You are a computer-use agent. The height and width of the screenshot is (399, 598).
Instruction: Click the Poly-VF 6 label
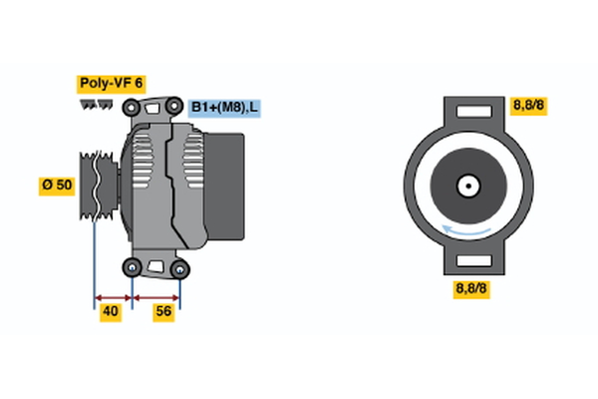coord(110,83)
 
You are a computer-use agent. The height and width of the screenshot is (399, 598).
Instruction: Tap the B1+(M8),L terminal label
coord(225,107)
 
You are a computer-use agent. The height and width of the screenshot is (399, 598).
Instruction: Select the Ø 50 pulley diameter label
coord(56,187)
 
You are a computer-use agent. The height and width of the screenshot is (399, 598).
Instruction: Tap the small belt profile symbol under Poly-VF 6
coord(96,103)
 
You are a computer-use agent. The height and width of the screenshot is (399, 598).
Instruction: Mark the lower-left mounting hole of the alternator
coord(133,266)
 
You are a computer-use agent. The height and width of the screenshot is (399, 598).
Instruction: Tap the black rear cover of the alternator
coord(232,185)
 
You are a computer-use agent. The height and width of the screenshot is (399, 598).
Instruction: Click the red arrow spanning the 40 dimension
coord(113,297)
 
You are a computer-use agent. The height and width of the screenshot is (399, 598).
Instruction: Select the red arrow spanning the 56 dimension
coord(156,297)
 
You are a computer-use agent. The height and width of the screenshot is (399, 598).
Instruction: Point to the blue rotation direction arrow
coord(466,231)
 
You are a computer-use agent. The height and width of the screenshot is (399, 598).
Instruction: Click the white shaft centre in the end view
coord(466,185)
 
